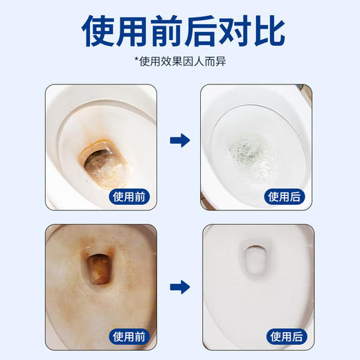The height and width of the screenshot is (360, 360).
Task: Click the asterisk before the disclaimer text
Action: click(x=137, y=61)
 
